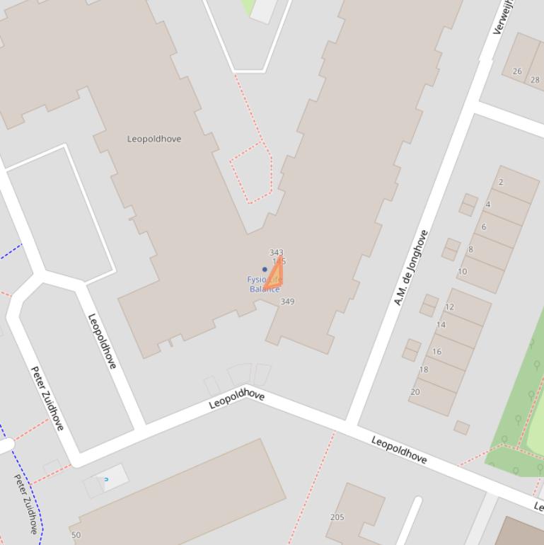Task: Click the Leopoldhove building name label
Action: click(x=154, y=139)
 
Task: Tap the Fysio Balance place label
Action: click(x=263, y=285)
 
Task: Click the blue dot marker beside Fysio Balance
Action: click(x=265, y=269)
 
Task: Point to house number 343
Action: click(x=277, y=253)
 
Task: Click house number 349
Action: click(x=287, y=302)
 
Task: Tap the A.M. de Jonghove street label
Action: click(x=411, y=268)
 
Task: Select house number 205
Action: click(x=337, y=517)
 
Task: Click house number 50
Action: click(x=76, y=535)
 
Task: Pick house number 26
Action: click(x=517, y=71)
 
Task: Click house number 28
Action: click(x=535, y=80)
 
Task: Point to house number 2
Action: click(x=501, y=182)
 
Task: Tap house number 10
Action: click(x=462, y=271)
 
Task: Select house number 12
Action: click(x=449, y=307)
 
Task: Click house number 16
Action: click(x=436, y=352)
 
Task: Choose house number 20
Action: click(x=415, y=392)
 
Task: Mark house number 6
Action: click(x=484, y=227)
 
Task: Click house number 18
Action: click(x=424, y=369)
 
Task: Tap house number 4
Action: click(x=488, y=205)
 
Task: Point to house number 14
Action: click(x=441, y=325)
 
